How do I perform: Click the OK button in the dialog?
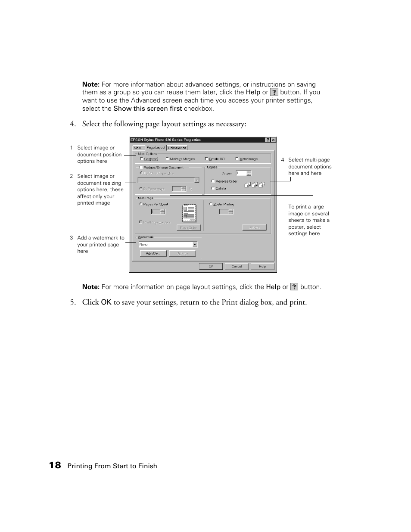pyautogui.click(x=211, y=266)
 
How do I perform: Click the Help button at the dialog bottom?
pyautogui.click(x=262, y=266)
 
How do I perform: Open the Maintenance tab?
pyautogui.click(x=177, y=148)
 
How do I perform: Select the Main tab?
pyautogui.click(x=137, y=148)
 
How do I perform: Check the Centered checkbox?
pyautogui.click(x=141, y=159)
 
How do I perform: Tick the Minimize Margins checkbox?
pyautogui.click(x=168, y=159)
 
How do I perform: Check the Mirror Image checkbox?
pyautogui.click(x=237, y=159)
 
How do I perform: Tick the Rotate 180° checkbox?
pyautogui.click(x=206, y=159)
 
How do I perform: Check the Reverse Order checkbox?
pyautogui.click(x=213, y=181)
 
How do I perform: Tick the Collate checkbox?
pyautogui.click(x=213, y=188)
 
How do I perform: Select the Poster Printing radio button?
pyautogui.click(x=211, y=204)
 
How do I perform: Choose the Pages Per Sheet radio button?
pyautogui.click(x=140, y=204)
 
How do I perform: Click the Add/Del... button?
pyautogui.click(x=153, y=253)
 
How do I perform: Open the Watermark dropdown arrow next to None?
pyautogui.click(x=195, y=244)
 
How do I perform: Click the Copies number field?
pyautogui.click(x=240, y=173)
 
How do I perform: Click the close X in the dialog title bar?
pyautogui.click(x=274, y=140)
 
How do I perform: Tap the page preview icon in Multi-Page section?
pyautogui.click(x=189, y=213)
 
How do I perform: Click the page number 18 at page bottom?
pyautogui.click(x=55, y=465)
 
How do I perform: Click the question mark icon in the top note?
pyautogui.click(x=274, y=92)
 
